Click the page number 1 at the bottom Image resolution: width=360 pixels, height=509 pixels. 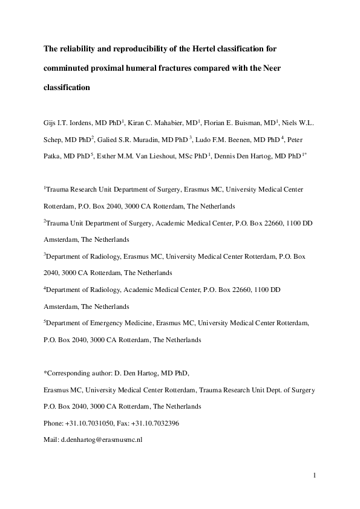tap(315, 475)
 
